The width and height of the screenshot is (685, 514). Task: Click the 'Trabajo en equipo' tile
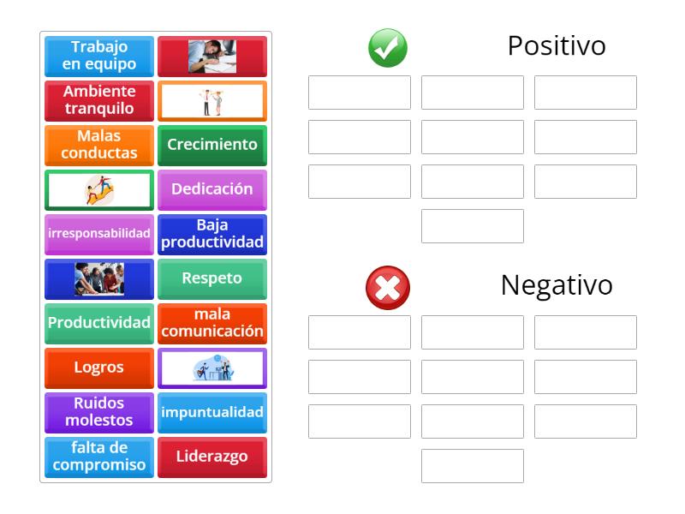click(99, 57)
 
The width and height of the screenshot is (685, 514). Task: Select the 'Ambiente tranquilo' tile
click(99, 101)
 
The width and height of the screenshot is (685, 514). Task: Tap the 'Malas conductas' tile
click(99, 146)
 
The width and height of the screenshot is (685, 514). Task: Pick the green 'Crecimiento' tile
click(212, 146)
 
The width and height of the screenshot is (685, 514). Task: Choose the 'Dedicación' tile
click(212, 190)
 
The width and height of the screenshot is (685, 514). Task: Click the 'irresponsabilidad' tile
click(99, 235)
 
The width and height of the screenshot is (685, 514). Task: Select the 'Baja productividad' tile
click(212, 235)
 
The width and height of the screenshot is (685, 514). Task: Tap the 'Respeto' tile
click(212, 279)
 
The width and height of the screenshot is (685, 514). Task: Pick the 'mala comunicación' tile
click(212, 324)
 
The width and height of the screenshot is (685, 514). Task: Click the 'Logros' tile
click(99, 368)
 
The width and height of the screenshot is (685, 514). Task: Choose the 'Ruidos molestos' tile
click(99, 413)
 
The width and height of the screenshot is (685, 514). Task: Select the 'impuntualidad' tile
click(212, 413)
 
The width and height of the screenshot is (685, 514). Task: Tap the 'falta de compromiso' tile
click(99, 457)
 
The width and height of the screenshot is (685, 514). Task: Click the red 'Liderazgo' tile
click(212, 457)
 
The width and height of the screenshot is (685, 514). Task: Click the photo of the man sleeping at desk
click(212, 57)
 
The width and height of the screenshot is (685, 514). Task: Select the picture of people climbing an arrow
click(99, 190)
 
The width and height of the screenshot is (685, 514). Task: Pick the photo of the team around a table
click(99, 279)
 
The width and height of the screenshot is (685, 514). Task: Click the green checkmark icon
click(388, 48)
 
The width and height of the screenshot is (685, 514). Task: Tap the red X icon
click(388, 288)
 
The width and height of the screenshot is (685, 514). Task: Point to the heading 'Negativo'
click(557, 286)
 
